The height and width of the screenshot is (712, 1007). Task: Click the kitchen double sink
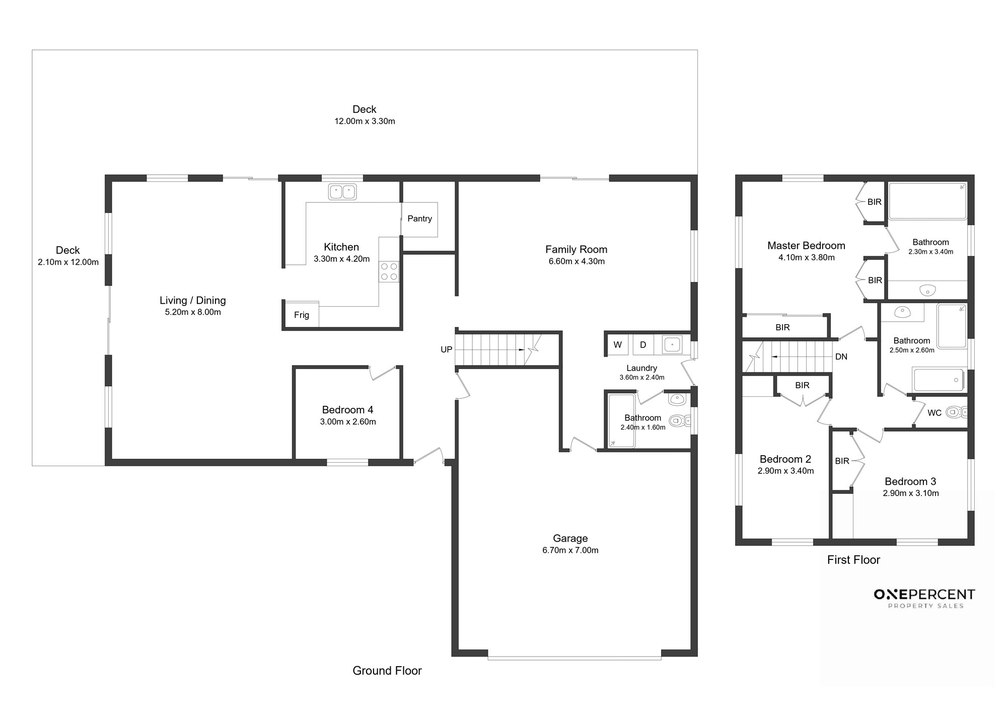click(342, 192)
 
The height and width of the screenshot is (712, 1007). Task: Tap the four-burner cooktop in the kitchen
click(389, 271)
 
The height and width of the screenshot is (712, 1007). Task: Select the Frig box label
click(302, 315)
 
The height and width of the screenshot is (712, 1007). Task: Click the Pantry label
click(419, 219)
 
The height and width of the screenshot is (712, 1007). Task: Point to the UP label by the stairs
click(446, 349)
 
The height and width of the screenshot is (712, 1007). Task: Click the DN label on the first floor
click(841, 357)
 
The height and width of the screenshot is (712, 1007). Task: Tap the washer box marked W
click(618, 345)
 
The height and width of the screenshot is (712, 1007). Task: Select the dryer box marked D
click(643, 345)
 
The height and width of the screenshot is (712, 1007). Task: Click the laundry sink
click(672, 345)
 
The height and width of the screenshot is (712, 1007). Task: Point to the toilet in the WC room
click(956, 412)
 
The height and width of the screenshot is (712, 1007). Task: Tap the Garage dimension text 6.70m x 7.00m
click(570, 550)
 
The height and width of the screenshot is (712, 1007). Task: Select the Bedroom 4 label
click(347, 410)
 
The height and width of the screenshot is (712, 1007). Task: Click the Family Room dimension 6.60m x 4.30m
click(577, 261)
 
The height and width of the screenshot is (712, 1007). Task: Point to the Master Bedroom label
click(806, 246)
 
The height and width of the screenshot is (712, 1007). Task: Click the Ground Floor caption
click(387, 671)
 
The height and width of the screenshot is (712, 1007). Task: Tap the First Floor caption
click(853, 560)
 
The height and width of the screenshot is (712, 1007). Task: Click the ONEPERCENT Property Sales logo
click(924, 599)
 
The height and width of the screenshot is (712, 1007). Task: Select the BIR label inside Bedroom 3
click(842, 461)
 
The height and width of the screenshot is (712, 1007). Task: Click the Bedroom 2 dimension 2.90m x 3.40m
click(785, 471)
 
